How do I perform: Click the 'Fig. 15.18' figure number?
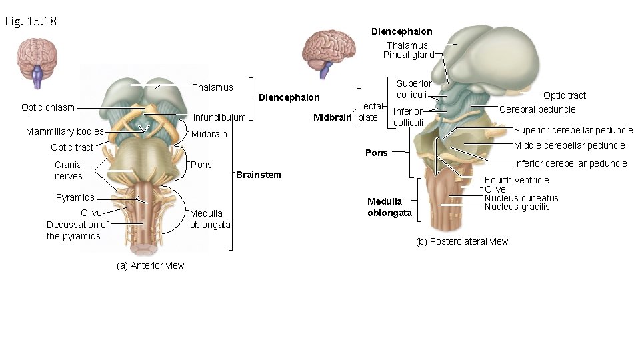click(31, 21)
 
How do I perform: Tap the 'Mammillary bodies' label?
click(64, 131)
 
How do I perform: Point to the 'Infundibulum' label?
click(219, 118)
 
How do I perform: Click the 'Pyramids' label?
click(75, 197)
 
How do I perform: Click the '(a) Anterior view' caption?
click(150, 265)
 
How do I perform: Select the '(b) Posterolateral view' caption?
click(461, 241)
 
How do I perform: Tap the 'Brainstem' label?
click(259, 175)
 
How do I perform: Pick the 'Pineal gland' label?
click(408, 55)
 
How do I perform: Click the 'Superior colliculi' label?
click(414, 89)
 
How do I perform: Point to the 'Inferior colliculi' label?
click(408, 117)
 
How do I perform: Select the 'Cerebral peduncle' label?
click(537, 109)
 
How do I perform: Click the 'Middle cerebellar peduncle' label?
click(569, 145)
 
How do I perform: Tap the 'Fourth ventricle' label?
click(517, 180)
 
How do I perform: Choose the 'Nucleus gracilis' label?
click(517, 207)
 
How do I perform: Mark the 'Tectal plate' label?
click(370, 112)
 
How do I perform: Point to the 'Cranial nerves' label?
click(69, 170)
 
